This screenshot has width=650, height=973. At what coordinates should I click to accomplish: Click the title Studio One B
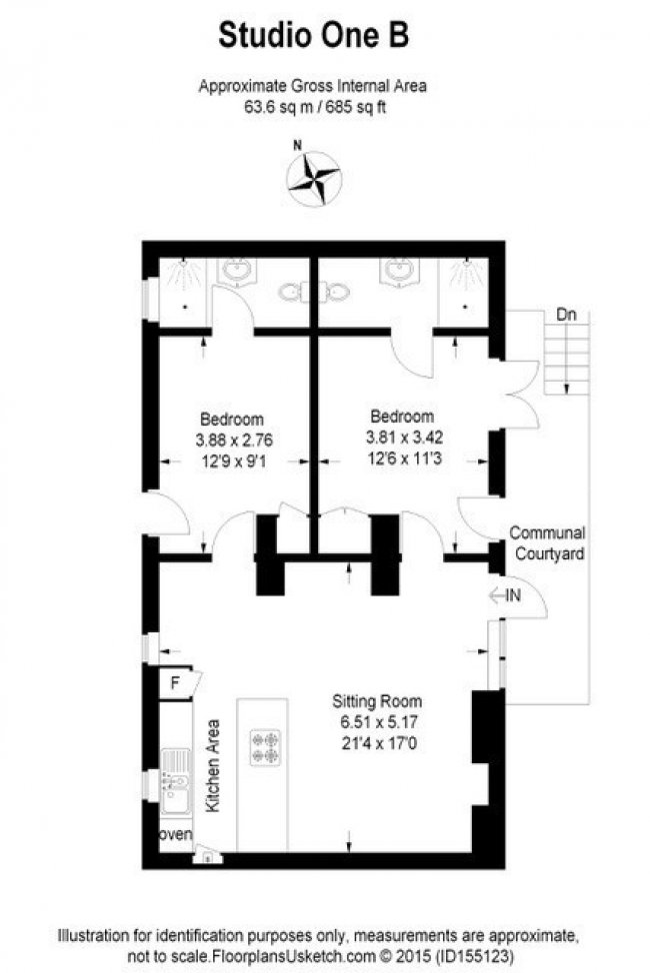(313, 37)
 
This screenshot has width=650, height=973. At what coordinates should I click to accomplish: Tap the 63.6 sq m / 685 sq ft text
(312, 105)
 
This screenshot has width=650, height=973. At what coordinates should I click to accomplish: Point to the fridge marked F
(177, 684)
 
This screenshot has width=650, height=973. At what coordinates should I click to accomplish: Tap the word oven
(174, 833)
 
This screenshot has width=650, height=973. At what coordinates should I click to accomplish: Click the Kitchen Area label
(212, 765)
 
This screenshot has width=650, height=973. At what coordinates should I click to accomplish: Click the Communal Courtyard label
(547, 542)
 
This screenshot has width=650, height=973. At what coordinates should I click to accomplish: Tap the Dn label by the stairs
(566, 316)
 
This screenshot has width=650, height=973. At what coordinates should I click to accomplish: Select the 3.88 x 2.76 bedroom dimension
(231, 439)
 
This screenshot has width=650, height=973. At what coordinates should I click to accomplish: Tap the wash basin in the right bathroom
(397, 271)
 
